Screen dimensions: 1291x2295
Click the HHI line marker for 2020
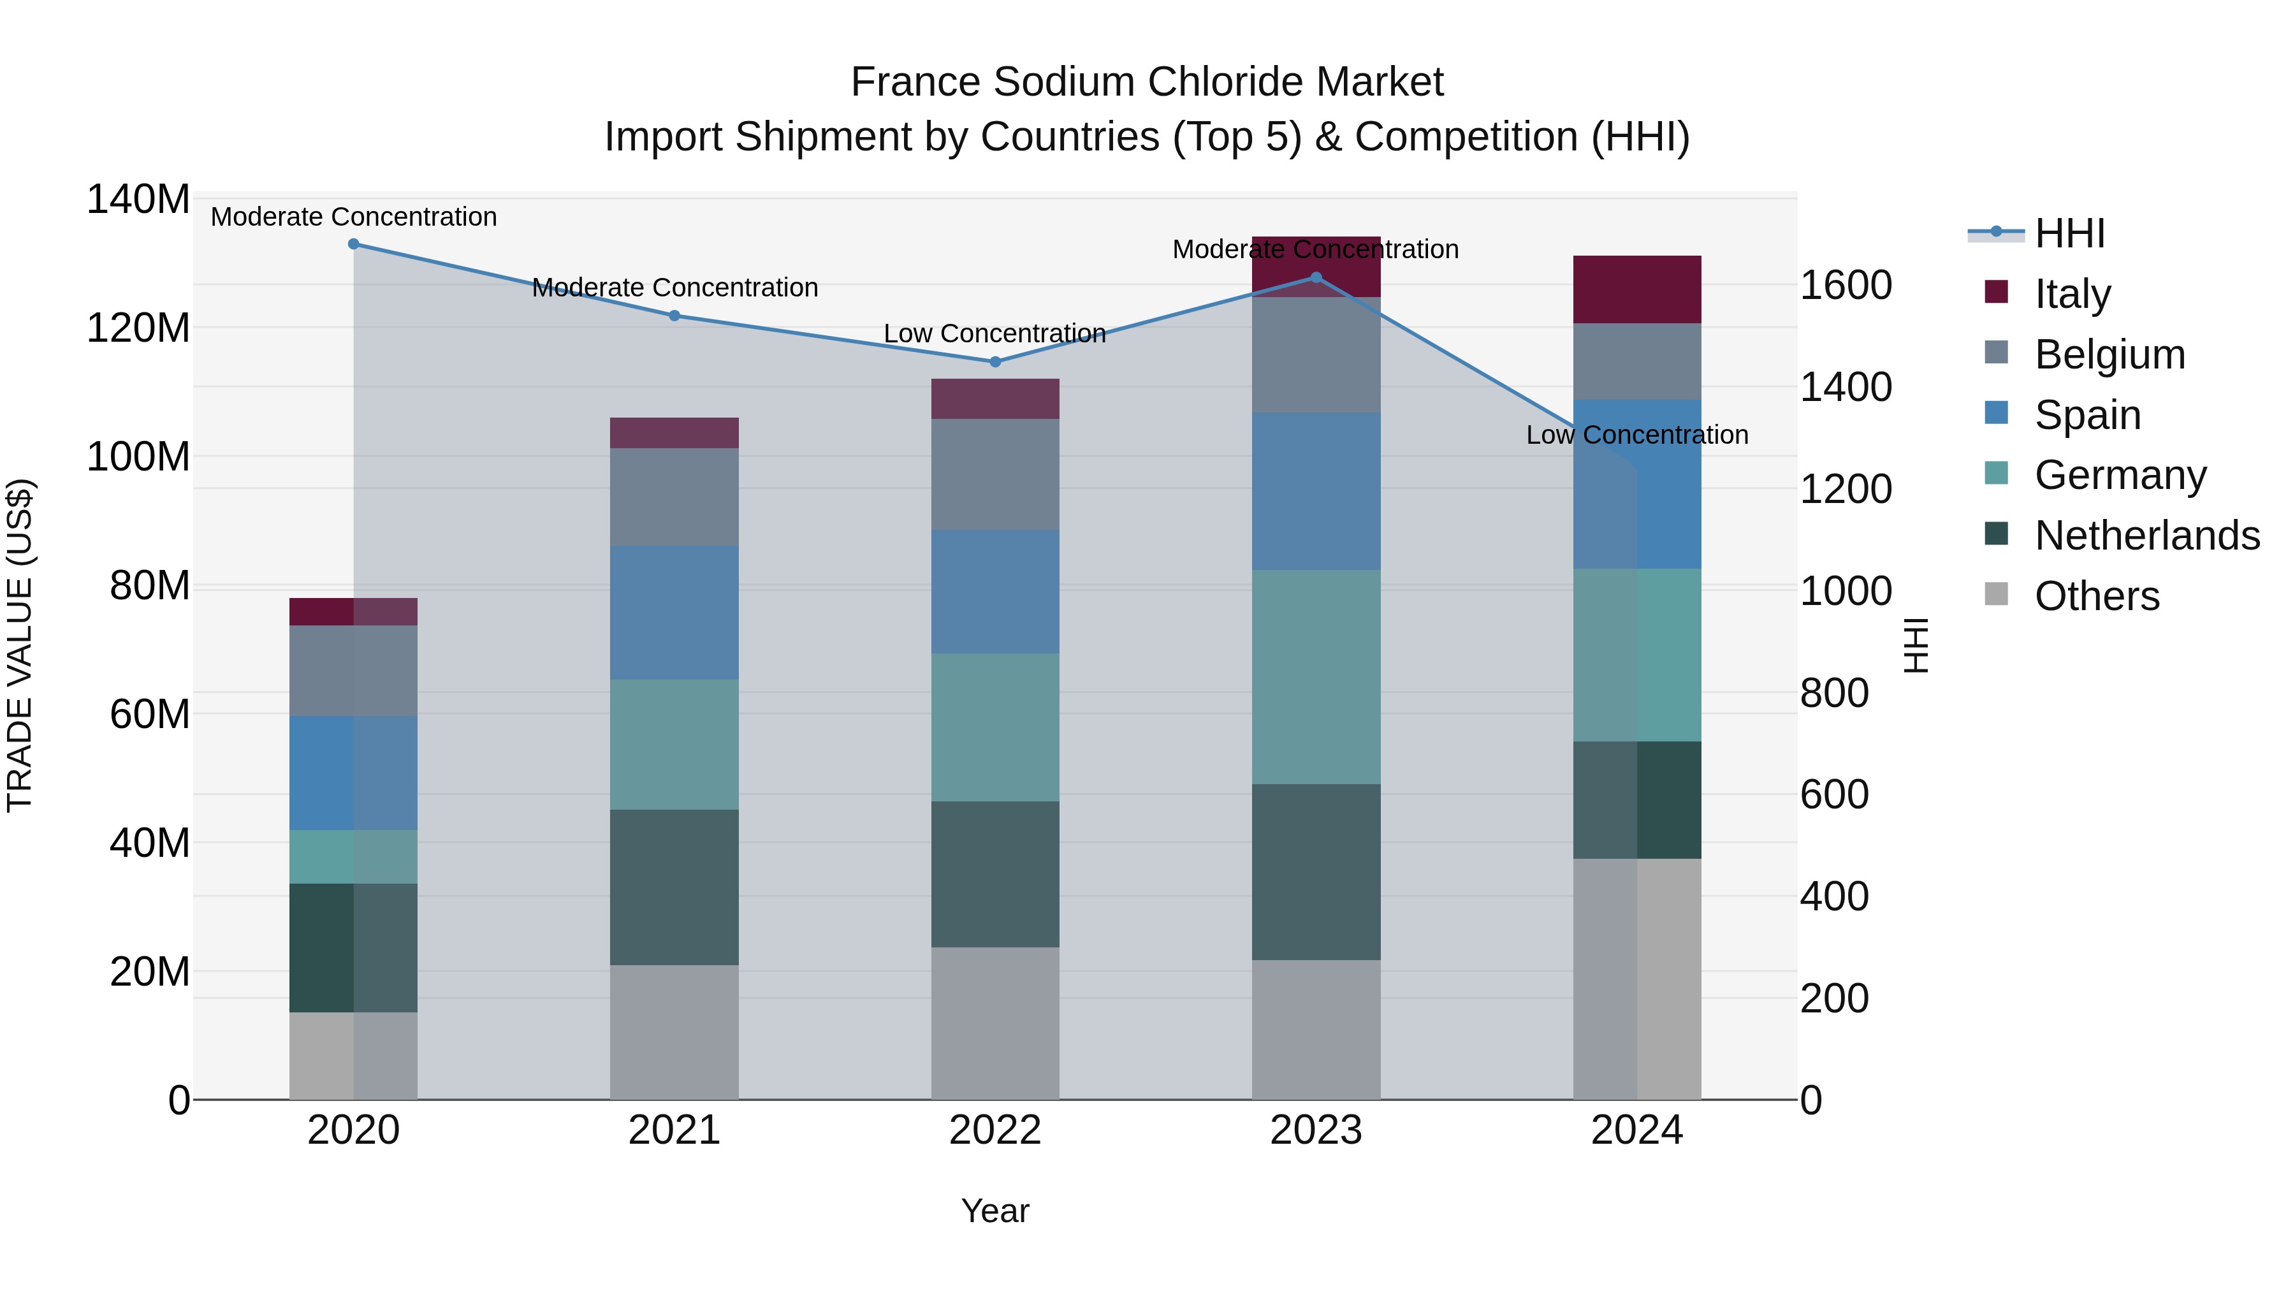point(354,244)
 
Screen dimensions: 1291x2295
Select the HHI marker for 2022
point(995,361)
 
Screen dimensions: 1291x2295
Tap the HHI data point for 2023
point(1316,278)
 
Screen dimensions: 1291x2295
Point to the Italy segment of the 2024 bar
point(1636,289)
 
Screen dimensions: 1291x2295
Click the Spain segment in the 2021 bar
point(674,613)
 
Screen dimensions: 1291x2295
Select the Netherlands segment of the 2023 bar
point(1316,872)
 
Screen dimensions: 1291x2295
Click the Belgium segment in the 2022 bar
point(995,475)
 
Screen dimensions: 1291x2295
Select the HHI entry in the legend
point(2069,233)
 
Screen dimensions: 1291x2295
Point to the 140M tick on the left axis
point(138,199)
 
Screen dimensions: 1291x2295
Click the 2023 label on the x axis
point(1316,1130)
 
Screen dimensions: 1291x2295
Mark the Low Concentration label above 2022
point(995,333)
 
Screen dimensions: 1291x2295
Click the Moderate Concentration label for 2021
point(674,288)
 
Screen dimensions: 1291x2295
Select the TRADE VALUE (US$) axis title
point(20,645)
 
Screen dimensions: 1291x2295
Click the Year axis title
point(995,1211)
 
